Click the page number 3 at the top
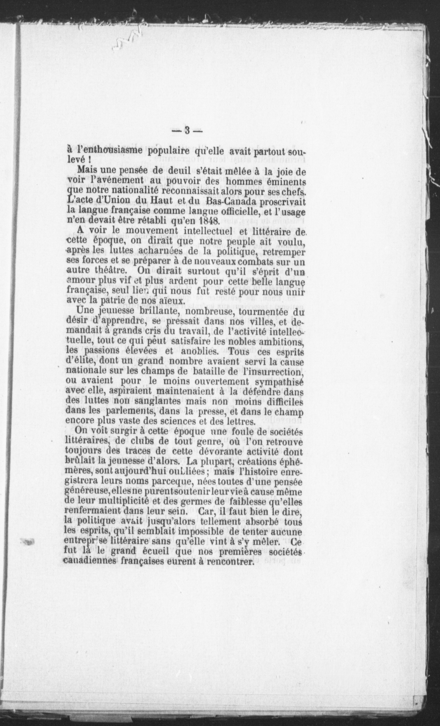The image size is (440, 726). pyautogui.click(x=187, y=130)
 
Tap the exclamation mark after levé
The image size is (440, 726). pyautogui.click(x=89, y=161)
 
